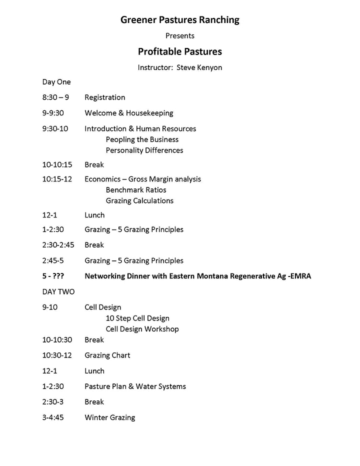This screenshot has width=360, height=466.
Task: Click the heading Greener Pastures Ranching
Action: point(180,20)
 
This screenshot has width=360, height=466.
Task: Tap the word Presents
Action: point(180,35)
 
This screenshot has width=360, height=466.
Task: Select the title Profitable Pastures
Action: point(180,51)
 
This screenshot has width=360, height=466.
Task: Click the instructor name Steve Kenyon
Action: point(199,67)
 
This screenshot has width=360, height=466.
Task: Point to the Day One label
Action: point(56,82)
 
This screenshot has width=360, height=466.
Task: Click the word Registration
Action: point(105,97)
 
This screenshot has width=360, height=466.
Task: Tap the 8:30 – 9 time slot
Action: point(56,97)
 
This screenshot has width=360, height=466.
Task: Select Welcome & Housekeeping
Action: point(129,113)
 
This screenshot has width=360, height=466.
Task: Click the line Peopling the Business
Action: point(142,139)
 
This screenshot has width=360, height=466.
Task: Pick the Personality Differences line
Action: point(144,150)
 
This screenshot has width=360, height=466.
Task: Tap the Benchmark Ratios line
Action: point(136,190)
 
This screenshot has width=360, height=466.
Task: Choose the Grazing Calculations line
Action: point(139,200)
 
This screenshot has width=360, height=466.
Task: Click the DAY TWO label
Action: point(58,291)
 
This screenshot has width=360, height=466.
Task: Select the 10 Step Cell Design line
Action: point(137,318)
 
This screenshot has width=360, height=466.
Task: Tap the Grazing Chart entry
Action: point(107,355)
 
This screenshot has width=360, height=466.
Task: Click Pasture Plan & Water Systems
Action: point(135,386)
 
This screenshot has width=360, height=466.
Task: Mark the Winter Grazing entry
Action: point(110,417)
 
